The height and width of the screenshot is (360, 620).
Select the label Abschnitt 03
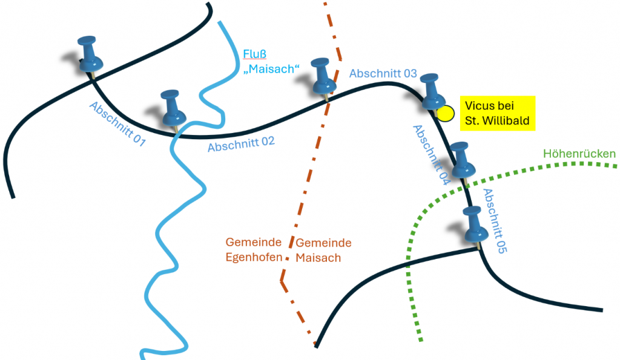point(383,73)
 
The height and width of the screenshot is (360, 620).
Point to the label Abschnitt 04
point(430,154)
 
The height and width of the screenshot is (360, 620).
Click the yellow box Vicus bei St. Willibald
point(497,113)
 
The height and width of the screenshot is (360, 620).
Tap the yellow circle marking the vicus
point(446,113)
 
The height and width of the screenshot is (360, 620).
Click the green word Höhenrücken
point(579,154)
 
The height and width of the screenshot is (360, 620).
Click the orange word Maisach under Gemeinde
point(318,257)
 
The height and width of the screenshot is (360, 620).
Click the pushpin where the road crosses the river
point(173,110)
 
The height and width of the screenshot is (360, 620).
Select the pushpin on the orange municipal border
point(323,77)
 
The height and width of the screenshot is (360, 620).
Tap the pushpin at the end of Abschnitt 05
point(474,225)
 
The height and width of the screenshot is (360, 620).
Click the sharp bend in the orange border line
point(282,280)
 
